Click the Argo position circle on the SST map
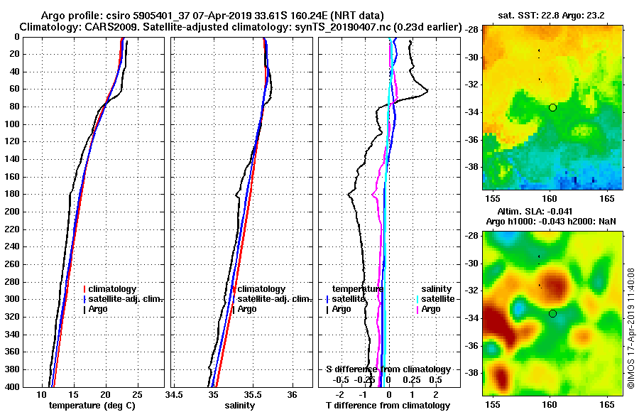(552, 107)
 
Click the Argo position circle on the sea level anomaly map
(552, 313)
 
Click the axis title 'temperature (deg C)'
(92, 405)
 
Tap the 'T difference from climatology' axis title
(388, 405)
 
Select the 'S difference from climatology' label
(388, 369)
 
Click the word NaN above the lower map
(606, 222)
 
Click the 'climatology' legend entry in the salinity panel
(261, 289)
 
